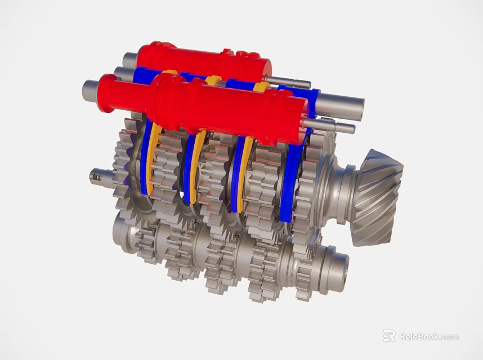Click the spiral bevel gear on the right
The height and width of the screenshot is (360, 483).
(377, 197)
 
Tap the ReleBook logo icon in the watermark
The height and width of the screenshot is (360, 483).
(389, 336)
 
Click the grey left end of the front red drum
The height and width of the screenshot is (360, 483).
(90, 90)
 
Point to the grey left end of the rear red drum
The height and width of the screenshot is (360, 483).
(129, 58)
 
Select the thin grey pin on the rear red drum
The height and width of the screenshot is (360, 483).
(287, 82)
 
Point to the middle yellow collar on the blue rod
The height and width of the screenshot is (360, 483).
(213, 80)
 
